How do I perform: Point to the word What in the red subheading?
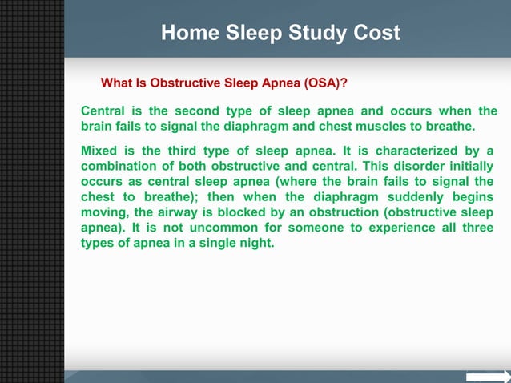coord(115,83)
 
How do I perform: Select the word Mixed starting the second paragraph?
coord(99,151)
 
